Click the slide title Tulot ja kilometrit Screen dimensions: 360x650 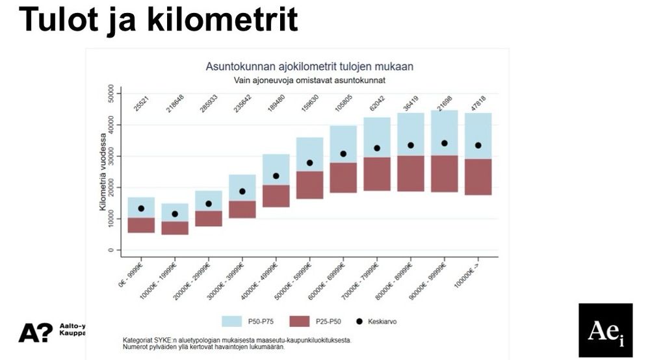coord(158,19)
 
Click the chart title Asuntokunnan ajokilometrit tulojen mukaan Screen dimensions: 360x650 coord(309,66)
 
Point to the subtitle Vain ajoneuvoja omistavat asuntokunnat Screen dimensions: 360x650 coord(309,80)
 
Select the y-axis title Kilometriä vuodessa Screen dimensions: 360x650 coord(103,172)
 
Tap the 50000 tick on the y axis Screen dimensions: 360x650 coord(110,94)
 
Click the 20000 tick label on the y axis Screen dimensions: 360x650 coord(110,187)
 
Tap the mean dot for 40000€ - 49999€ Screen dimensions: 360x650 coord(276,176)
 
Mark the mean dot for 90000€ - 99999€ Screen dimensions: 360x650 coord(445,144)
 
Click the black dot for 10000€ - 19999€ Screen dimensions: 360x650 coord(175,214)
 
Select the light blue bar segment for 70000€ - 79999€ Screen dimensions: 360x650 coord(377,137)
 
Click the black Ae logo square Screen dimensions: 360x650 coord(605,330)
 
